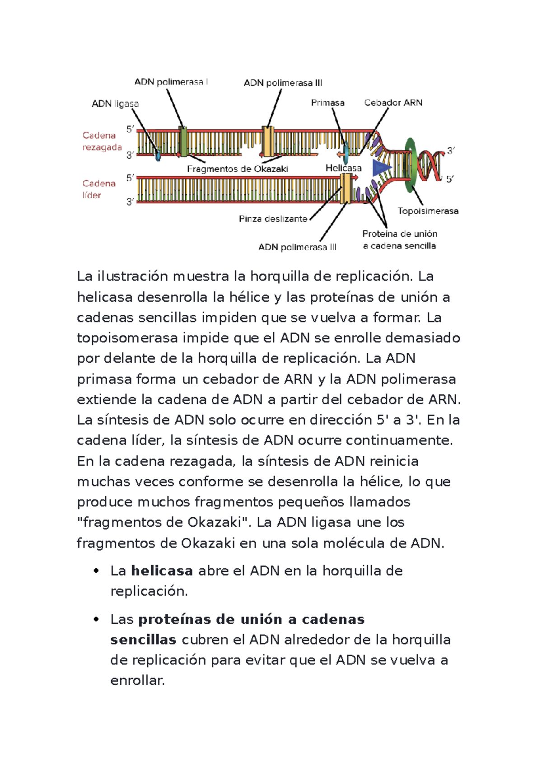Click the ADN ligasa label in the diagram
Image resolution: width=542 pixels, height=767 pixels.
115,104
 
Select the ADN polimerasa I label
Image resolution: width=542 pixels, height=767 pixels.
171,82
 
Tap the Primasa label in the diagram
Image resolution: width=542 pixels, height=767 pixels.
327,103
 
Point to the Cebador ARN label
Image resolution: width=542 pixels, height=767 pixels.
393,103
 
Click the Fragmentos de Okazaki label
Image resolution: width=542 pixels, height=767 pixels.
238,169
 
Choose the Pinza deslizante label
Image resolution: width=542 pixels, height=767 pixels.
273,219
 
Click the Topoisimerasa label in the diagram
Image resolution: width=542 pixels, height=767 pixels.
428,211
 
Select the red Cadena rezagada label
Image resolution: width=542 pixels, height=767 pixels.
102,141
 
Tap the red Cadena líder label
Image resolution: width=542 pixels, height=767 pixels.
98,189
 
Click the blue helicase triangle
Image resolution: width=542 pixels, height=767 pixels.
380,168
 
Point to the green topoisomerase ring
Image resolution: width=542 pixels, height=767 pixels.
410,165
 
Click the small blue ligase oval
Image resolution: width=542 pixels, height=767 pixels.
158,156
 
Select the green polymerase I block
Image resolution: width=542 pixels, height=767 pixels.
183,141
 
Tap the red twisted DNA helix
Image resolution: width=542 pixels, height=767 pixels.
430,165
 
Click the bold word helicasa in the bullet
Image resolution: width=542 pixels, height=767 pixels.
162,571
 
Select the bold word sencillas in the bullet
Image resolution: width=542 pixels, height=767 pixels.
143,640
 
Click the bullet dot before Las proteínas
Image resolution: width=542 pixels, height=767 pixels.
96,619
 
